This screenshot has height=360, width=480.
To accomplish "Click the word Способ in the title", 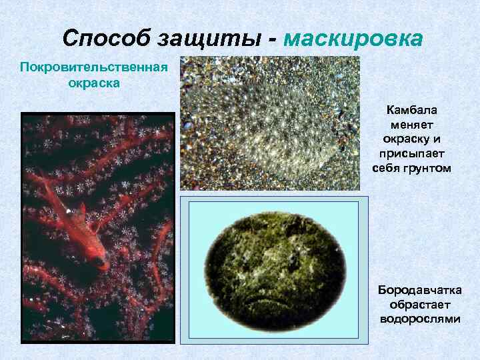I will click(x=106, y=38).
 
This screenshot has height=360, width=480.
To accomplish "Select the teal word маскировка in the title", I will click(x=353, y=38).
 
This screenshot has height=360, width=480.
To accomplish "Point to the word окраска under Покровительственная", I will click(x=94, y=85).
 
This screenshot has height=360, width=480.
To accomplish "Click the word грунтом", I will click(x=428, y=169).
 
